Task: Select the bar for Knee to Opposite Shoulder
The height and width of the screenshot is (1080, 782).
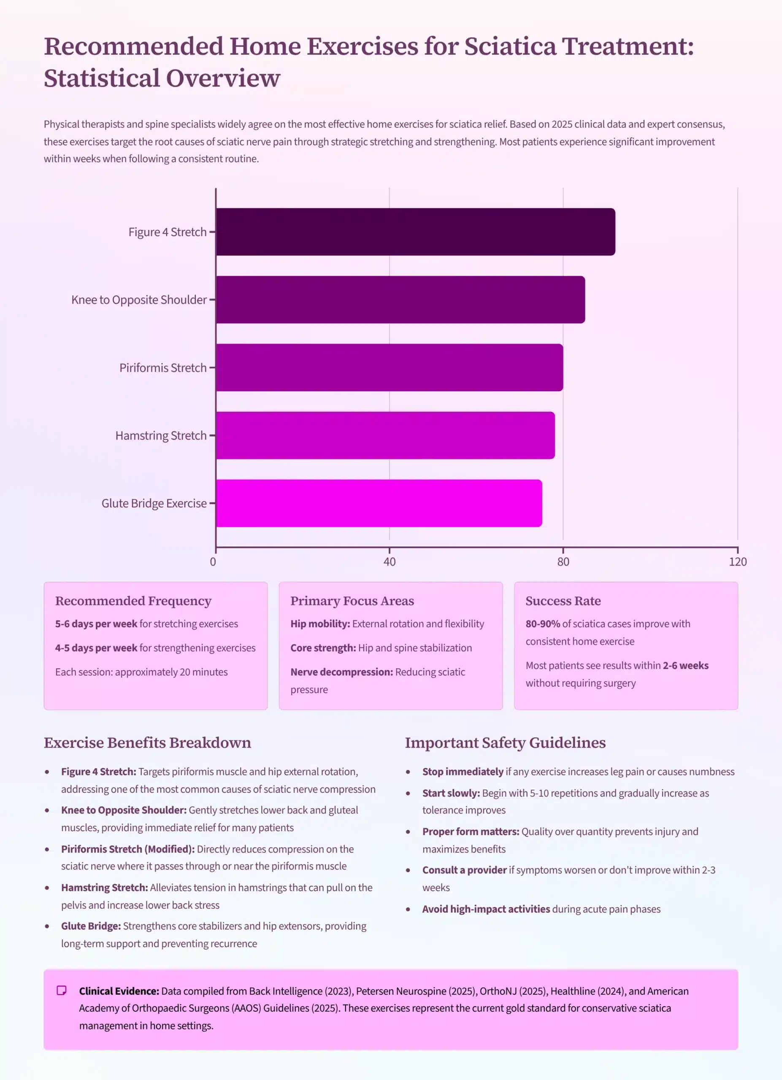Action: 400,300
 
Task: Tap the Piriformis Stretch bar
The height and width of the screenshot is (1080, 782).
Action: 389,367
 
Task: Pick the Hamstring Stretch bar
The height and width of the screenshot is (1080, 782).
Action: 385,435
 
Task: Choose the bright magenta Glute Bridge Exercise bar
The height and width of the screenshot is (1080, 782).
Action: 379,503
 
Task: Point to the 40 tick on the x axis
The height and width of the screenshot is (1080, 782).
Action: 389,562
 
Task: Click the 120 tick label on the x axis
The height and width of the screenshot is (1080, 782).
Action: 737,562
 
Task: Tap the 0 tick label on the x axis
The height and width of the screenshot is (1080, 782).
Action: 213,562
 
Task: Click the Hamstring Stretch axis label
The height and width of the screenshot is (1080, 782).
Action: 161,436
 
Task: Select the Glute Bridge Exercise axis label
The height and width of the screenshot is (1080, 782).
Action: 154,503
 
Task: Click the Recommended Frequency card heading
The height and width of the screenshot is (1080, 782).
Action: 133,601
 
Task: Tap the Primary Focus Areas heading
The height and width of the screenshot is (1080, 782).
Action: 352,601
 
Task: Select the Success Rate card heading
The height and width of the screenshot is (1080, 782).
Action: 563,601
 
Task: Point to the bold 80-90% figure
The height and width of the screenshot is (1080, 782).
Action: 542,624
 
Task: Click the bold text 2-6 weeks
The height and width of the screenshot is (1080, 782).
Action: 685,665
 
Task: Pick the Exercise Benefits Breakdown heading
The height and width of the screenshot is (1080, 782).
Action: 147,743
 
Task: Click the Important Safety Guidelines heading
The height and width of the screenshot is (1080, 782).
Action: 505,743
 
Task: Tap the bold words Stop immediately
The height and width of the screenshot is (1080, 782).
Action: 463,772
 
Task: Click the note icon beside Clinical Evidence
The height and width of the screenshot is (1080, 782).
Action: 62,991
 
